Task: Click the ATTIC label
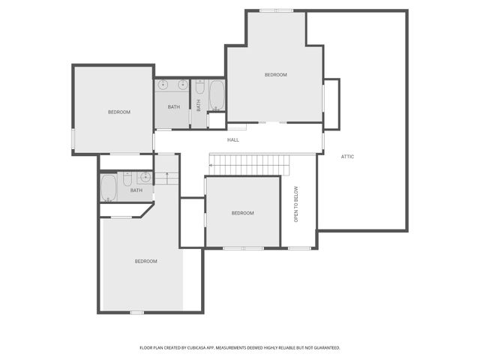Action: point(347,157)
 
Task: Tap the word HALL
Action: point(233,140)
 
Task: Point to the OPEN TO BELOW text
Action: point(296,203)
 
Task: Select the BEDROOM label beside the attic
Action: point(275,75)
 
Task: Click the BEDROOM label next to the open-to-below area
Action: point(242,213)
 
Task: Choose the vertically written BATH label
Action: point(199,106)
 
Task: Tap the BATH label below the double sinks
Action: point(174,107)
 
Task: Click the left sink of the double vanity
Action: point(163,85)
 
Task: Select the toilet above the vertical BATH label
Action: point(199,87)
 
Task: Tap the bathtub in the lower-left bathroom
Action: point(109,187)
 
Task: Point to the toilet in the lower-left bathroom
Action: point(127,180)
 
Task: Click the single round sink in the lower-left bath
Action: point(145,178)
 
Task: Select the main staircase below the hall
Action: point(248,162)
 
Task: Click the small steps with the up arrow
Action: point(166,178)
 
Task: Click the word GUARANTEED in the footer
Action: point(323,348)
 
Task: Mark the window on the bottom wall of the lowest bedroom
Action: point(136,312)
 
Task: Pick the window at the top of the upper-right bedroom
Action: point(276,10)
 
